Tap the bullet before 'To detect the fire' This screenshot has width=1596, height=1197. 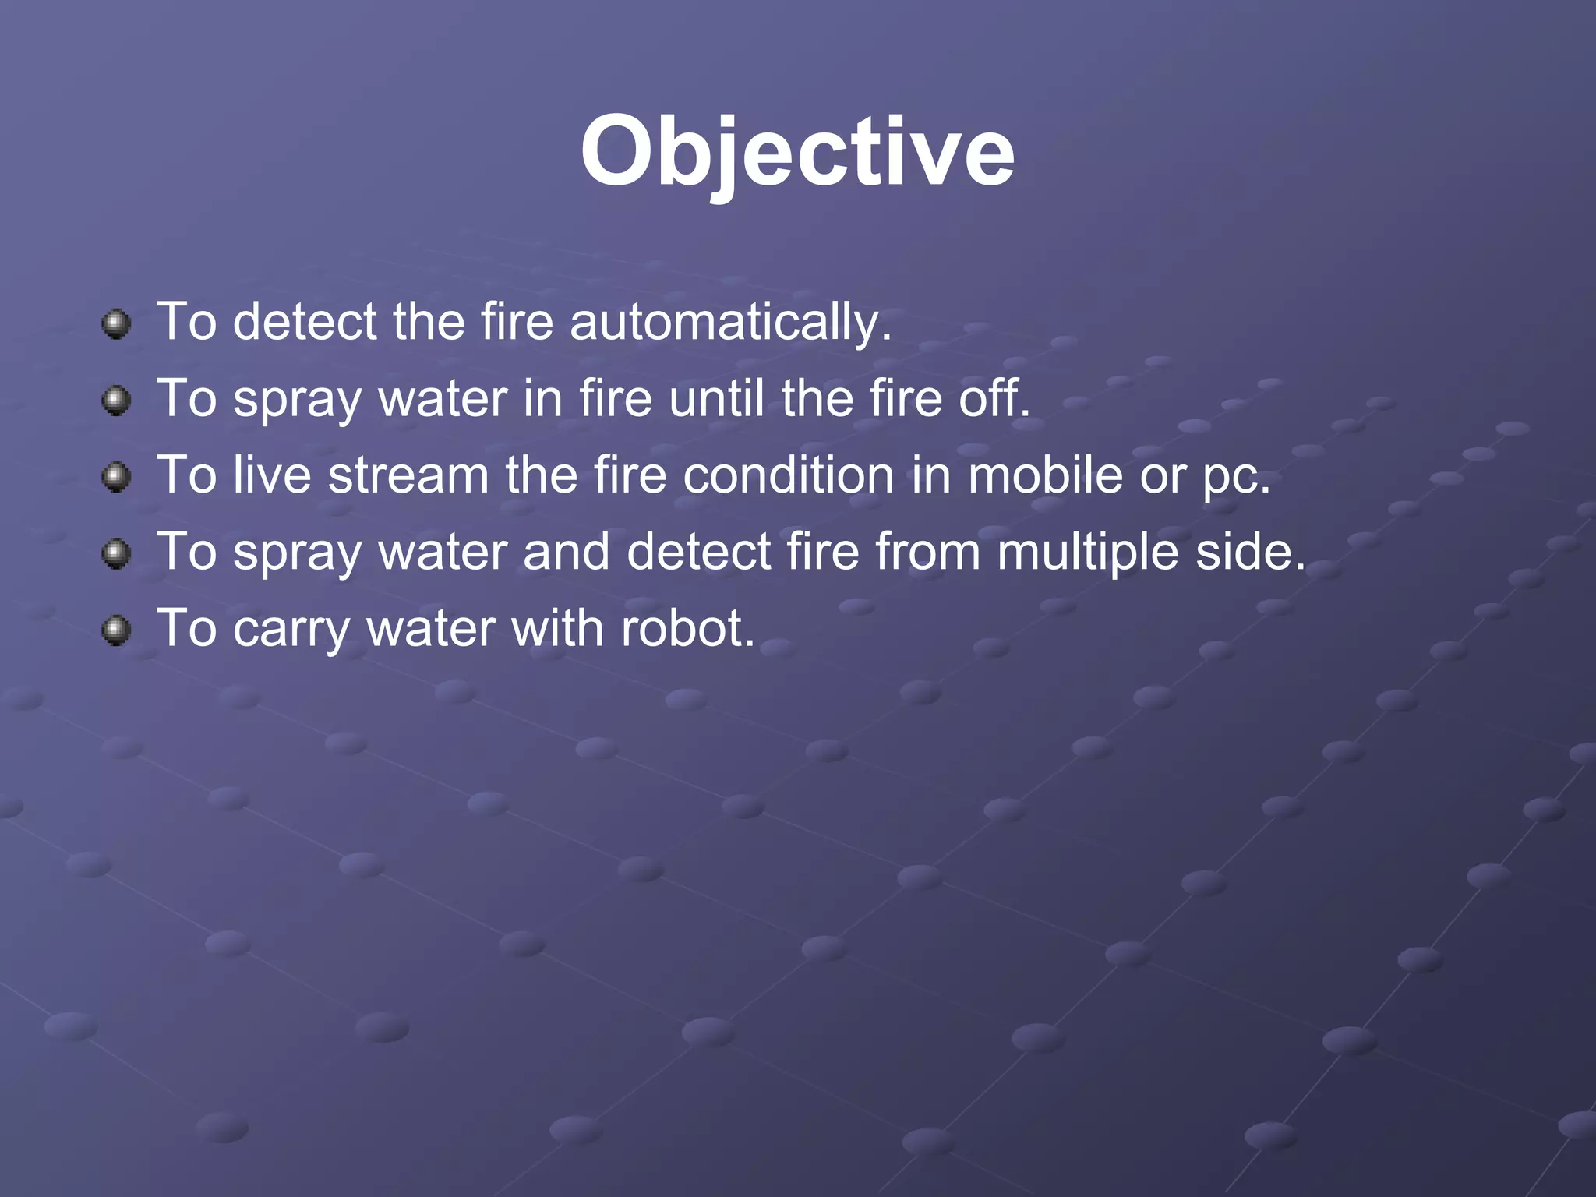tap(116, 323)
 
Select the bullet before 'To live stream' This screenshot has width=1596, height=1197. tap(116, 476)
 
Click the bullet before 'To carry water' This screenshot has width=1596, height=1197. tap(116, 630)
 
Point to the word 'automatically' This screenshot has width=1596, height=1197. tap(729, 322)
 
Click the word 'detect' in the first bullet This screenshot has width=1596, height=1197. tap(305, 322)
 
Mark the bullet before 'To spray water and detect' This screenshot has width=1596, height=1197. tap(116, 553)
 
